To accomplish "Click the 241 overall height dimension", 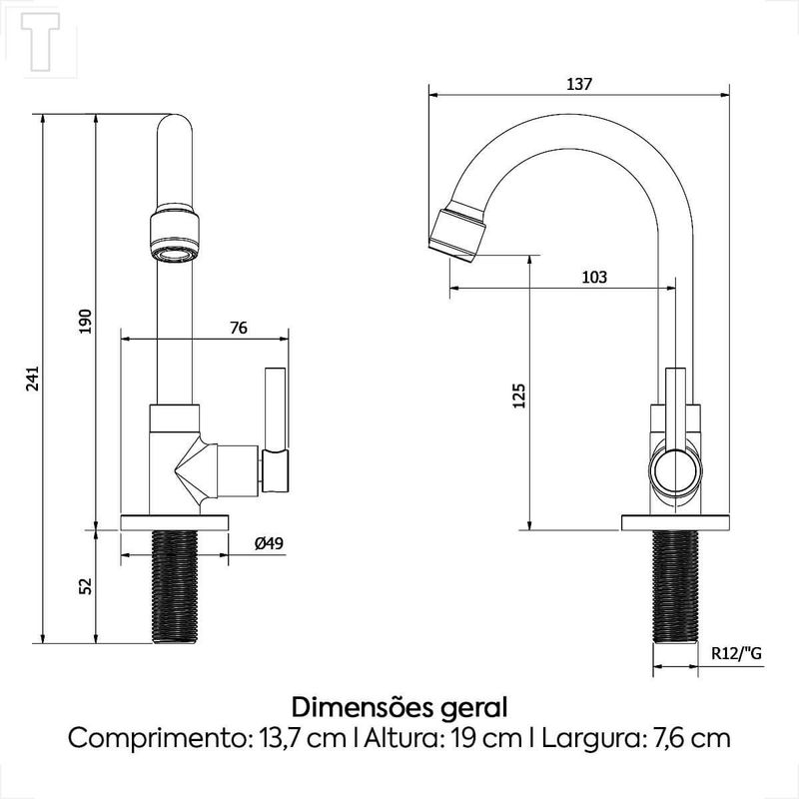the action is [x=33, y=379].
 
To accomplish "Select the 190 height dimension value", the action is [x=86, y=321].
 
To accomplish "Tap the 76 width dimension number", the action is [x=239, y=328].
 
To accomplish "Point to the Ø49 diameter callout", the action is [x=269, y=543].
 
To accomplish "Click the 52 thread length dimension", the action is [x=86, y=585].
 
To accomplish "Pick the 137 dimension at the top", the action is [x=579, y=84].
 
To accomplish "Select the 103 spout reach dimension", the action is [x=594, y=278].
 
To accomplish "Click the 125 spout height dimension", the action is [x=518, y=396].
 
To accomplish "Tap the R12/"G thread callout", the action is [x=736, y=653].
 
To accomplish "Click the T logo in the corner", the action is [x=40, y=41].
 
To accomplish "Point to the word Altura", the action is [x=402, y=737].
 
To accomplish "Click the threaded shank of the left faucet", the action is [x=175, y=586].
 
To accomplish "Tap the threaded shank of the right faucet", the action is [x=675, y=586].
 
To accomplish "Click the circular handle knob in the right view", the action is [x=675, y=471].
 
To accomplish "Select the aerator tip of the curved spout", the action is [x=456, y=232].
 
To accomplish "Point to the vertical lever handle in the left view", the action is [x=276, y=429].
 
